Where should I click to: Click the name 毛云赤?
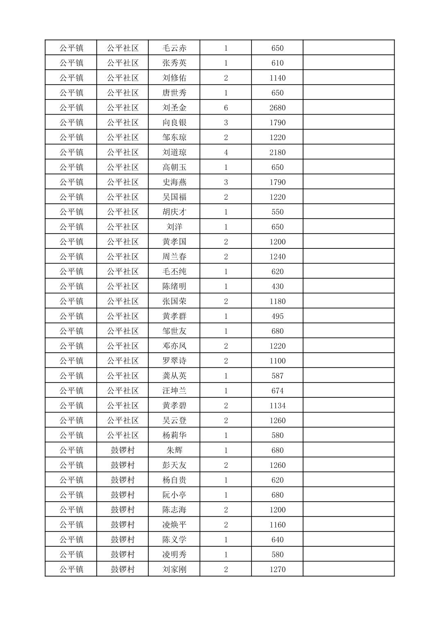pyautogui.click(x=174, y=48)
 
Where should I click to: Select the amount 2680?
pyautogui.click(x=277, y=108)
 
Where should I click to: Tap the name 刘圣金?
pyautogui.click(x=174, y=108)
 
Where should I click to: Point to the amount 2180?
pyautogui.click(x=277, y=152)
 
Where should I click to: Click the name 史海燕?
pyautogui.click(x=174, y=182)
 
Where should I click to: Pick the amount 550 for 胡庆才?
pyautogui.click(x=277, y=212)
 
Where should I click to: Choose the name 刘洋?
pyautogui.click(x=174, y=227)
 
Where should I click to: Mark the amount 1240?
pyautogui.click(x=277, y=257)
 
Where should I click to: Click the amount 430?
pyautogui.click(x=277, y=286)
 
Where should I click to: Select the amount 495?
pyautogui.click(x=277, y=316)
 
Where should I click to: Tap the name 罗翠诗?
pyautogui.click(x=174, y=361)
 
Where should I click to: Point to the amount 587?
pyautogui.click(x=277, y=376)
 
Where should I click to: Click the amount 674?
pyautogui.click(x=277, y=391)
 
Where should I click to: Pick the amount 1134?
pyautogui.click(x=277, y=406)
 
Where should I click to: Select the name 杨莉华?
pyautogui.click(x=174, y=435)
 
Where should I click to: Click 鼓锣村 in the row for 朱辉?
pyautogui.click(x=122, y=450)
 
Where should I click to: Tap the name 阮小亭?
pyautogui.click(x=174, y=495)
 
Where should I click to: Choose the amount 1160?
pyautogui.click(x=277, y=525)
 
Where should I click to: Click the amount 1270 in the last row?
pyautogui.click(x=277, y=569)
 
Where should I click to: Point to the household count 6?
pyautogui.click(x=226, y=108)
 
